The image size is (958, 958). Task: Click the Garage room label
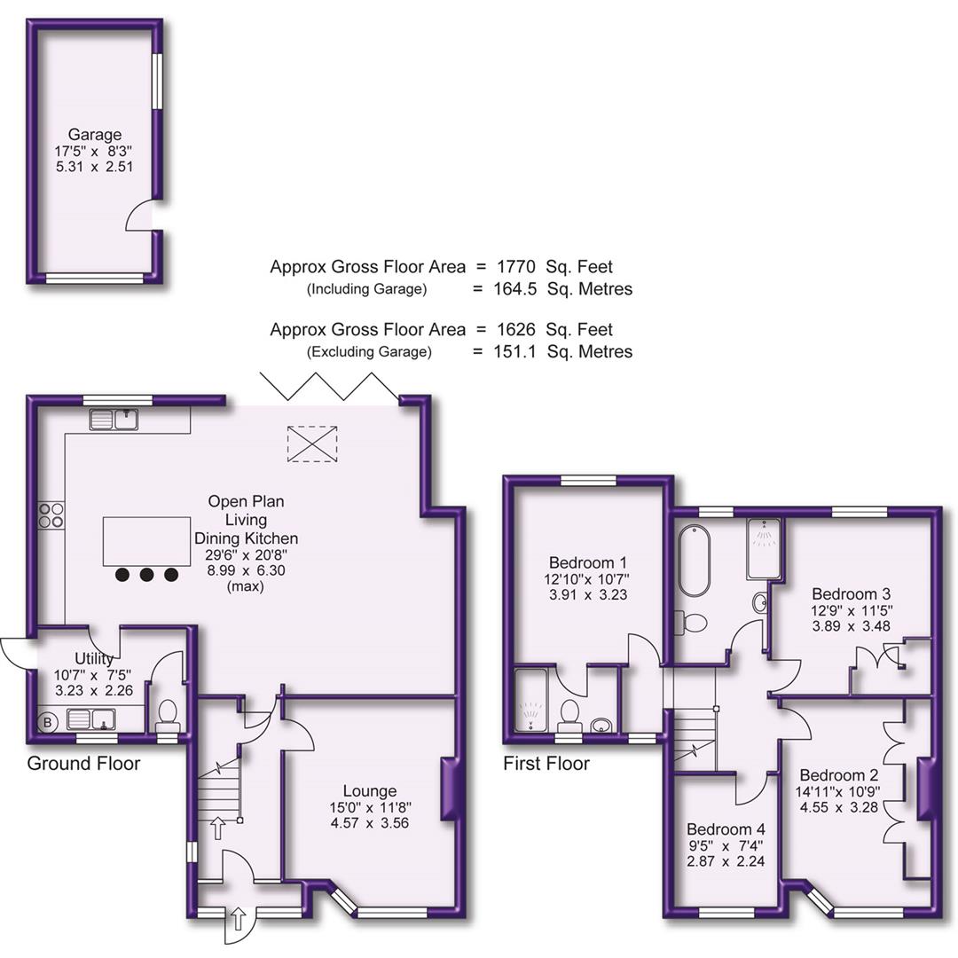95,135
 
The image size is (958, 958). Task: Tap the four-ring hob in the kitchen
51,515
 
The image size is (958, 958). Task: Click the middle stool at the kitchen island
146,575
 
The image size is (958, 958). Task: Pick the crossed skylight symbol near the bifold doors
313,444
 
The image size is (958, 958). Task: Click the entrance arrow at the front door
239,923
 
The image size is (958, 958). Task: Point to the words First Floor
546,763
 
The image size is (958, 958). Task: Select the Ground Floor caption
83,763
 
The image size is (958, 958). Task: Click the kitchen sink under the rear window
113,419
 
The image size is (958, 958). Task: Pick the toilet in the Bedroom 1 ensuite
570,712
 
